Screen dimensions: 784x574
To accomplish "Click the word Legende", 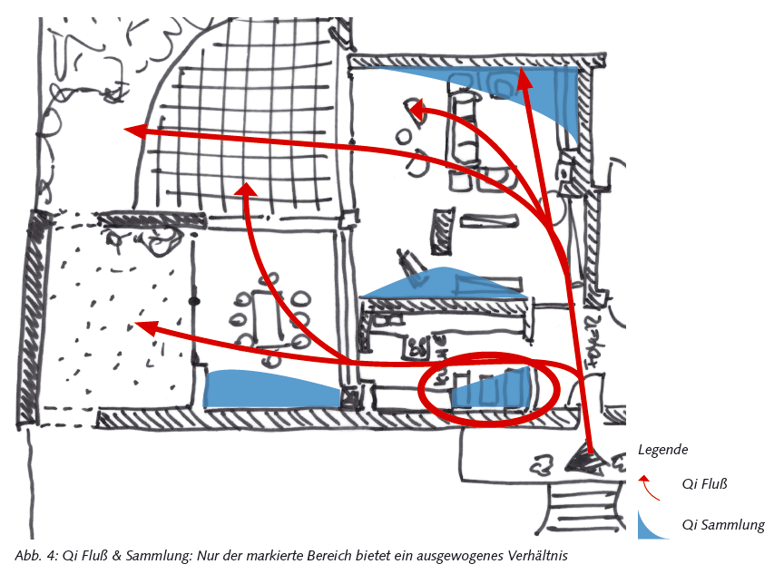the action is pyautogui.click(x=662, y=450).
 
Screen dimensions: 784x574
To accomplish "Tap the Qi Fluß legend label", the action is pyautogui.click(x=704, y=483).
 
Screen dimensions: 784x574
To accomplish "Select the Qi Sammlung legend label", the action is pyautogui.click(x=723, y=524).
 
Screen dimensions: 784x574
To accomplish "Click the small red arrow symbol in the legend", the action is pyautogui.click(x=649, y=488).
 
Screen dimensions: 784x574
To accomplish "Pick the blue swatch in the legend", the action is pyautogui.click(x=651, y=527).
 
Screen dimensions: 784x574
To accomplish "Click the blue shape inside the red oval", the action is pyautogui.click(x=493, y=390).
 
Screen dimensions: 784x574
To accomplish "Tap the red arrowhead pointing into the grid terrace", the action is pyautogui.click(x=246, y=190).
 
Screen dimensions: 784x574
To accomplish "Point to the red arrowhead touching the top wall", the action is pyautogui.click(x=524, y=77).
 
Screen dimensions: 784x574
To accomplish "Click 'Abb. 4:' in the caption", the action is pyautogui.click(x=36, y=556).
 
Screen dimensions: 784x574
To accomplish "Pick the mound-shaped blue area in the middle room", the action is pyautogui.click(x=443, y=284).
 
